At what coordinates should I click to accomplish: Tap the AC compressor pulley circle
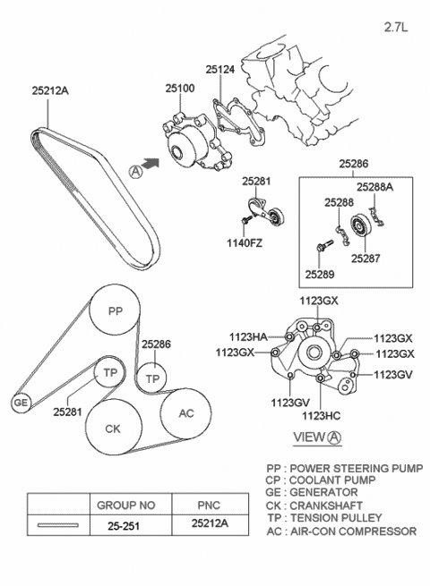click(x=186, y=413)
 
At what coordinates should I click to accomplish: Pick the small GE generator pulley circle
click(x=20, y=403)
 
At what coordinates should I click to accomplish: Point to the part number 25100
click(x=180, y=89)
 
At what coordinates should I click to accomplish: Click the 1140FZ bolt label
click(x=243, y=241)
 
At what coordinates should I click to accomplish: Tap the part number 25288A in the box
click(x=374, y=188)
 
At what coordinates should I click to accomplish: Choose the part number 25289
click(x=318, y=273)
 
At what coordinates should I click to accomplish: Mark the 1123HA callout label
click(x=247, y=337)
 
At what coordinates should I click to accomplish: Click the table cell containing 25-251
click(x=115, y=529)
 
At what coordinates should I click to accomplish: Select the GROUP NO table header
click(x=115, y=504)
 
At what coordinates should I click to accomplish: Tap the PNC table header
click(x=208, y=504)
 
